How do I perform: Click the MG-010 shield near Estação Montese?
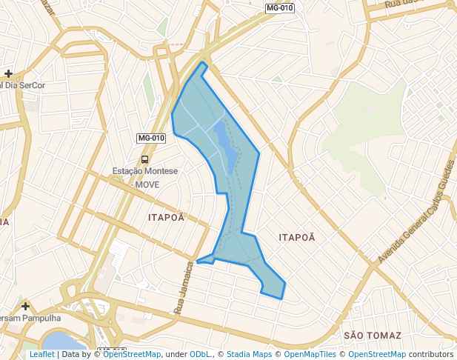point(151,139)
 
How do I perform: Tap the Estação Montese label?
point(145,171)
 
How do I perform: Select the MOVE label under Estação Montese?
point(147,184)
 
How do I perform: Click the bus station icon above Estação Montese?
point(144,159)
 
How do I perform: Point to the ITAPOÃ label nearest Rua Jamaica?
point(166,218)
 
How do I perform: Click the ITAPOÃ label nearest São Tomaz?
point(297,237)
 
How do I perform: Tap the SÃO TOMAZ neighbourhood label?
point(373,336)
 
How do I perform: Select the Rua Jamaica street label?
point(184,291)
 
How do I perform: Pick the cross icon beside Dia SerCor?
point(8,73)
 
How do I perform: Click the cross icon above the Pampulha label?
point(26,306)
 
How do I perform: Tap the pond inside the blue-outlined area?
point(226,144)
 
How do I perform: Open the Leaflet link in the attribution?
point(41,355)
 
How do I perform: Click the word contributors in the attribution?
point(430,355)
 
